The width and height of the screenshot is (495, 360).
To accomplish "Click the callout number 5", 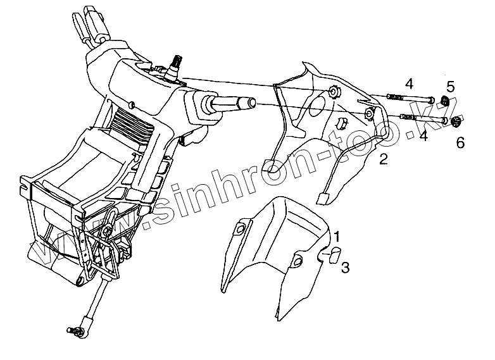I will coord(450,87).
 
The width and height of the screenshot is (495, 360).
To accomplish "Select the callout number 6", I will coord(461,143).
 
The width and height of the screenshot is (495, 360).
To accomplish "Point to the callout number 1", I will coord(337,237).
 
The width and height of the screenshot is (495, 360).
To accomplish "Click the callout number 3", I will coord(345,268).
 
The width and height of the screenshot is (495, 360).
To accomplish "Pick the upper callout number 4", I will coord(409,83).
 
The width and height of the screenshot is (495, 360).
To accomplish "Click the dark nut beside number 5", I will coord(445,102).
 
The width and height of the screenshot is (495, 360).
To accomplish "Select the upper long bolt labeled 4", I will coord(408,98).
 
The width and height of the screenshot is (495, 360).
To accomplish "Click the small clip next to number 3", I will coord(332,254).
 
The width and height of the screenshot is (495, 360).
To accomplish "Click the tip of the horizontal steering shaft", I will coord(252,102).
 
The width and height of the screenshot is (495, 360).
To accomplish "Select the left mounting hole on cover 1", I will coord(241,228).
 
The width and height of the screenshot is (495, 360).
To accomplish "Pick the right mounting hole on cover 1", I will coord(299,261).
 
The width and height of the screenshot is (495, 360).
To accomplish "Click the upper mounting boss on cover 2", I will coord(334,94).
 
